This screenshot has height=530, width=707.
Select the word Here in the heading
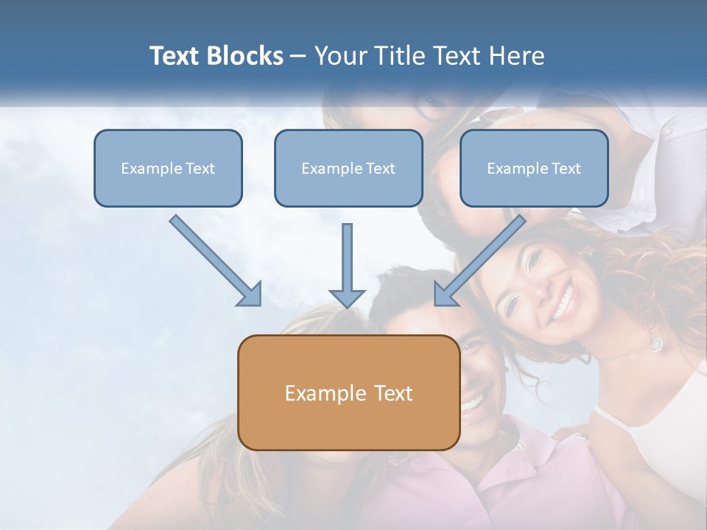516,56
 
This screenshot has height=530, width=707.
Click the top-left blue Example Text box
168,168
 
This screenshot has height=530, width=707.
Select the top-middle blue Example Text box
348,168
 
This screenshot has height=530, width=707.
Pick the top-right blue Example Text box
534,168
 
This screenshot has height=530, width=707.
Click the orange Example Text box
348,392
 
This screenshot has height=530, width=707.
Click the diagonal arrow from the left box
214,259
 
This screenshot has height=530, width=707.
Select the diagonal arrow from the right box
481,259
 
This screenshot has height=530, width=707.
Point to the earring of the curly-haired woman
654,343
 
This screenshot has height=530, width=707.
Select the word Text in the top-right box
566,169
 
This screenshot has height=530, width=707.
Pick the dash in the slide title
298,57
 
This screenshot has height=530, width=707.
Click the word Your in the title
340,56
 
